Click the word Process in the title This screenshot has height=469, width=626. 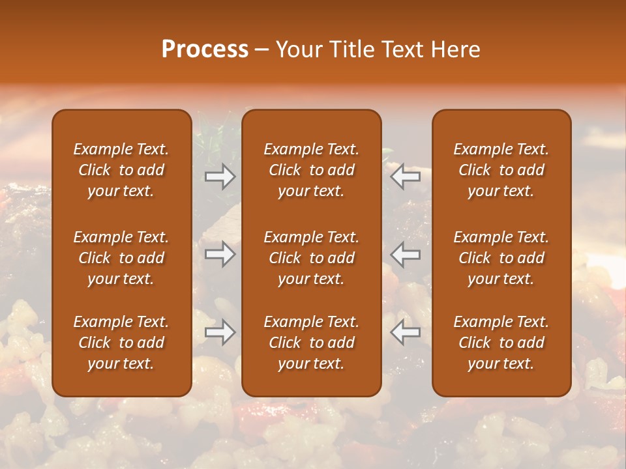click(x=205, y=50)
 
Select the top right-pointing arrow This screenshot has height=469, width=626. click(x=220, y=176)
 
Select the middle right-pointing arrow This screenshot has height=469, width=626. click(x=220, y=254)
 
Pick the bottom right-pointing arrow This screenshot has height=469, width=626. click(x=220, y=332)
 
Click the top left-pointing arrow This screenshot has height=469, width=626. click(x=405, y=176)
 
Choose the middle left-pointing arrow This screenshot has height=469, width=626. click(x=405, y=254)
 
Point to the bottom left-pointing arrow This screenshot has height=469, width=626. click(x=405, y=332)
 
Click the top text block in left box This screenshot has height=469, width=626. click(x=121, y=170)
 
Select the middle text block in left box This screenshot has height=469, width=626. click(x=121, y=258)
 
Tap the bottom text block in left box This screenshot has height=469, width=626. click(x=121, y=343)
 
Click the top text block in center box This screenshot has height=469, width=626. click(x=311, y=170)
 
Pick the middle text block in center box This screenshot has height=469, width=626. click(x=311, y=258)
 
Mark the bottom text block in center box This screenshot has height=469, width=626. click(x=311, y=343)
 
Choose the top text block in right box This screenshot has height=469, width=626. click(x=501, y=170)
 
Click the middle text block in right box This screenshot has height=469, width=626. click(x=501, y=258)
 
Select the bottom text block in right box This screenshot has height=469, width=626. click(x=501, y=343)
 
